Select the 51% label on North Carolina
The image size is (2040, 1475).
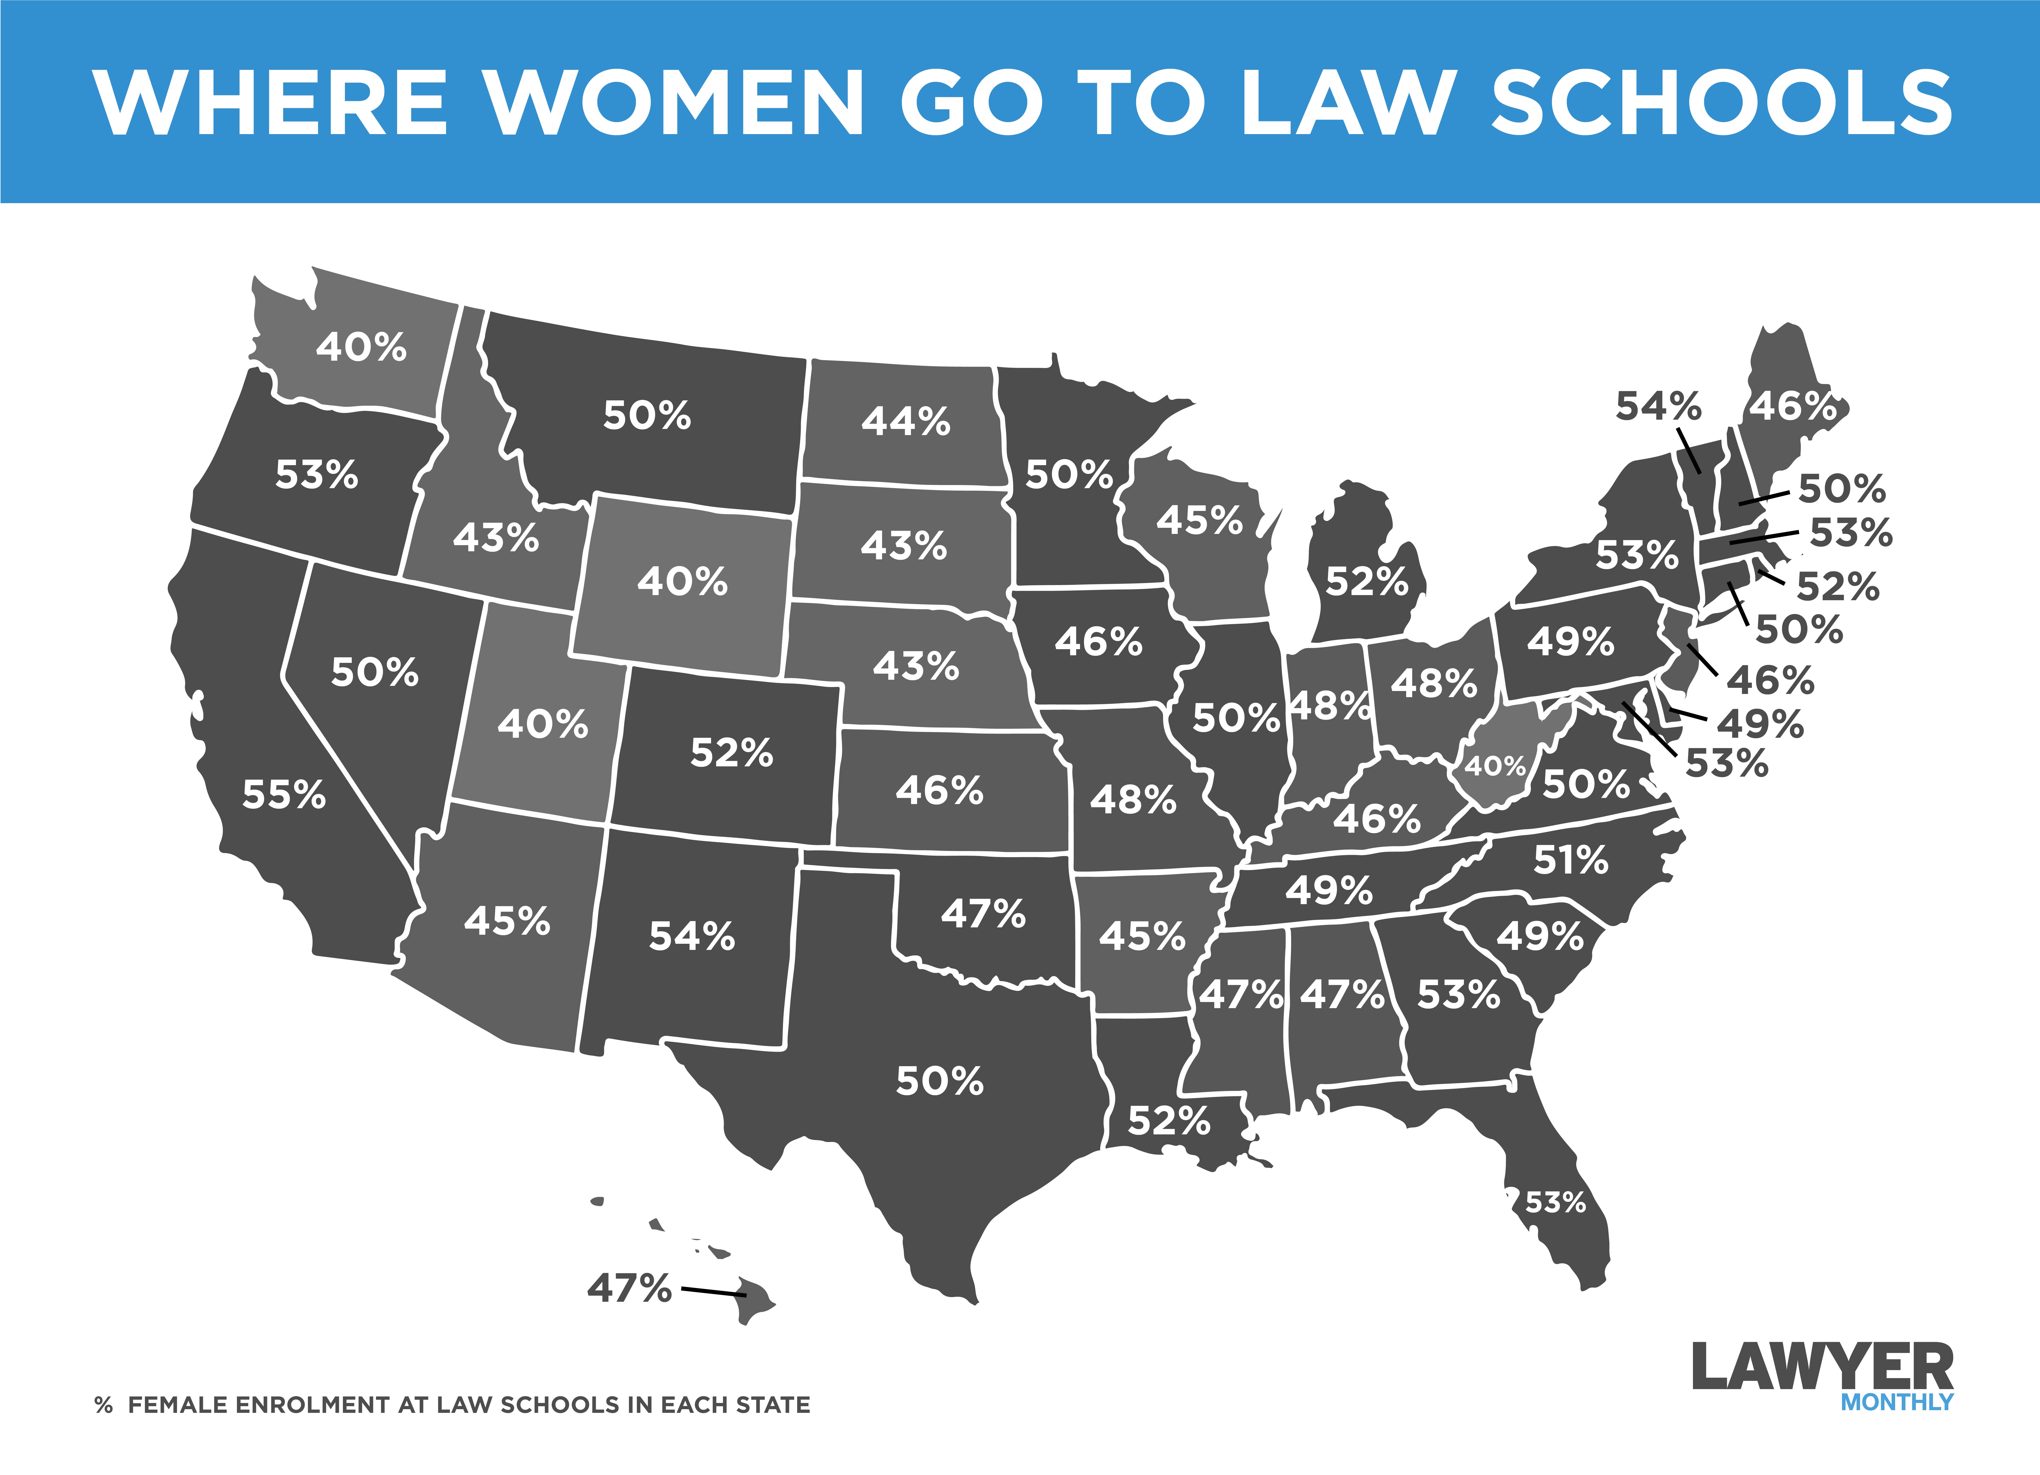[x=1571, y=861]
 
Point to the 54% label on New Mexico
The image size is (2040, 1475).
[x=692, y=936]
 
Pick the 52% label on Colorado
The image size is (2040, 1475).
[x=731, y=753]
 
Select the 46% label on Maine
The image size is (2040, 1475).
[x=1793, y=406]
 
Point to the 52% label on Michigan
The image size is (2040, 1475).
[x=1366, y=582]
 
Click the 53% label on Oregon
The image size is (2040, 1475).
[x=316, y=475]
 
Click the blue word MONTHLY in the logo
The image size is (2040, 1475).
[x=1896, y=1402]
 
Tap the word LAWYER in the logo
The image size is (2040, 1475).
[x=1822, y=1367]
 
